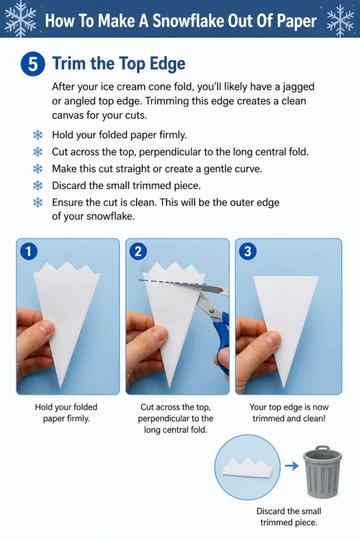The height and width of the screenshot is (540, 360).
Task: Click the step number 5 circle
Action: click(x=33, y=64)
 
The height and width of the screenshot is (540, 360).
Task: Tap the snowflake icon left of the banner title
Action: click(x=21, y=18)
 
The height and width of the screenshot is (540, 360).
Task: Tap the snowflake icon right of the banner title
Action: click(x=340, y=20)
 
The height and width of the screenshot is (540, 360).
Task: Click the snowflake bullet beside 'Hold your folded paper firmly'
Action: click(x=37, y=134)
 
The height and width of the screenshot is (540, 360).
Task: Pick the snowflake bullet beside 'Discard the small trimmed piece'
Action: click(x=37, y=186)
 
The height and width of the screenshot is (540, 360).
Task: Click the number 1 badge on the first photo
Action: click(x=28, y=251)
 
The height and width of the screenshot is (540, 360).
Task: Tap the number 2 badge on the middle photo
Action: click(x=138, y=251)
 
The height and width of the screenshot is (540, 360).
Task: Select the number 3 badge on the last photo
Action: click(x=247, y=251)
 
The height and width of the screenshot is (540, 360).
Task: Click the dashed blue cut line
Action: click(x=172, y=282)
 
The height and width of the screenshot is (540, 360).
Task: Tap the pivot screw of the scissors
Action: click(x=211, y=311)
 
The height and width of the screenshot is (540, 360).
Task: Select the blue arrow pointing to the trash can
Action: click(x=292, y=466)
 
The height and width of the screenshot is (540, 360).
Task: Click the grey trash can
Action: click(x=323, y=472)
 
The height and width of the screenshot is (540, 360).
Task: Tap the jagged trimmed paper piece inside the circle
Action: click(x=248, y=468)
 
